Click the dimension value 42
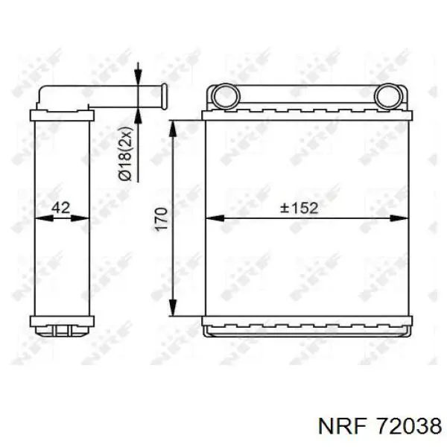61,207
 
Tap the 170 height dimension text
161,219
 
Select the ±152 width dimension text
299,208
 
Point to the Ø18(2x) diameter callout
125,153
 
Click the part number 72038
409,426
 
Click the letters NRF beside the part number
342,426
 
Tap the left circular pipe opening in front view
226,96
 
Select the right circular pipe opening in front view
387,96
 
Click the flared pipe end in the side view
164,96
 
